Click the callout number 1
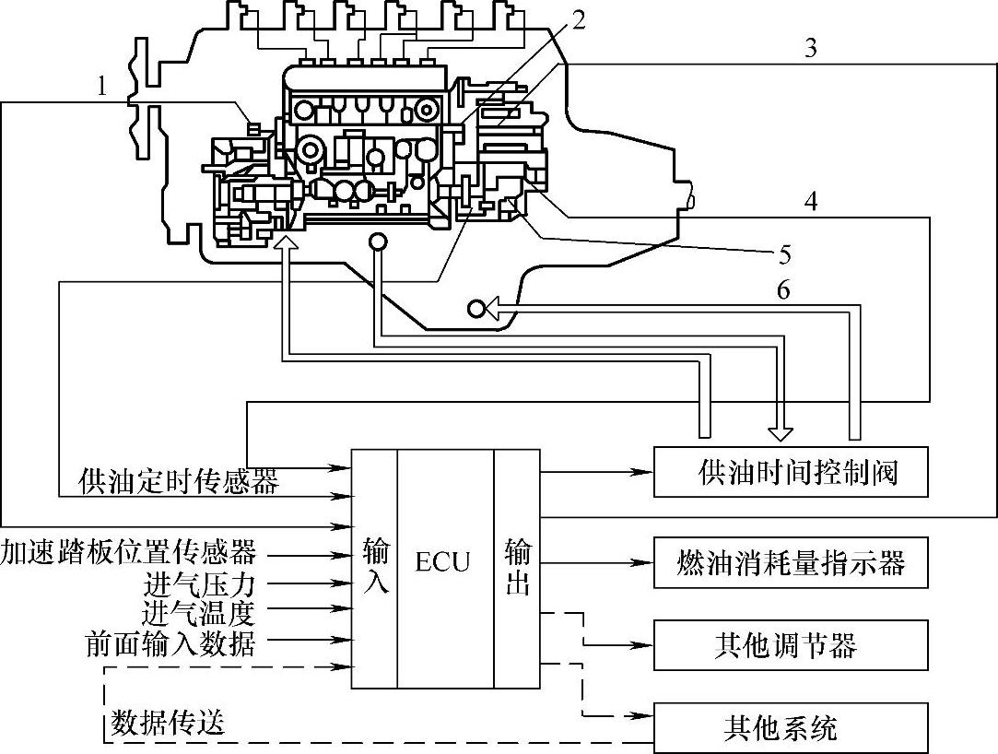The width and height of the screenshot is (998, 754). tap(102, 87)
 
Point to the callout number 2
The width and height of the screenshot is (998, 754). tap(577, 20)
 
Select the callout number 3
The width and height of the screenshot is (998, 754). tap(810, 49)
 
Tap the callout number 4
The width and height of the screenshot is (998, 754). tap(810, 201)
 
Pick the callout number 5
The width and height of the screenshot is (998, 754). tap(784, 254)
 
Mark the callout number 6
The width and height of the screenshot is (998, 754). tap(783, 289)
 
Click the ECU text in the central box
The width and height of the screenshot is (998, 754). tap(442, 562)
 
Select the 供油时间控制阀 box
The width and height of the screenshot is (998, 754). tap(791, 472)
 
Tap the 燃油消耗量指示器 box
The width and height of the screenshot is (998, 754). tap(791, 562)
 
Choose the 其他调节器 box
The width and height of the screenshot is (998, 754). tap(791, 645)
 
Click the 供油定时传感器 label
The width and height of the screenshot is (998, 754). tap(179, 482)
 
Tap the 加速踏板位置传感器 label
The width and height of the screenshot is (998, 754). tap(129, 552)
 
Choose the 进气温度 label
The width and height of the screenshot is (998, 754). tap(199, 613)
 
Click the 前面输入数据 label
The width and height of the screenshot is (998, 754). tap(170, 643)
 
